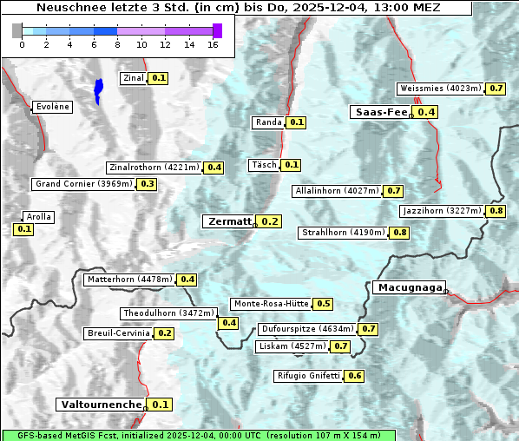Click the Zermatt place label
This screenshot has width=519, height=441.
click(228, 221)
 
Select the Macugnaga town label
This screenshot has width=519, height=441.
click(408, 287)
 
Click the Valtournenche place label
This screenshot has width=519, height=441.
click(100, 405)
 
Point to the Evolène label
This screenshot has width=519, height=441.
click(51, 107)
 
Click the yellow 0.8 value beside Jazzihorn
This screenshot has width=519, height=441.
click(496, 211)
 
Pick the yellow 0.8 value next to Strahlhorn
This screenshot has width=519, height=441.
click(400, 233)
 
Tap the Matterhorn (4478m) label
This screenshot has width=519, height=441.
click(128, 280)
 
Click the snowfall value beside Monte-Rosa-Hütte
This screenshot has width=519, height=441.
click(324, 304)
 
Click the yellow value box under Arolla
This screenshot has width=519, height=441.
click(23, 229)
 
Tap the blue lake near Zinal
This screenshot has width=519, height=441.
click(98, 89)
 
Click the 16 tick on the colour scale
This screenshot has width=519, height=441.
click(213, 44)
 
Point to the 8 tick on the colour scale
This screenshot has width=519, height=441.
click(117, 44)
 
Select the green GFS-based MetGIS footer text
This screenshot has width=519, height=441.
click(198, 435)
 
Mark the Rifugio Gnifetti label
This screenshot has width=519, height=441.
click(308, 376)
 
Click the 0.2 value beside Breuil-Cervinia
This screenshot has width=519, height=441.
click(165, 333)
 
